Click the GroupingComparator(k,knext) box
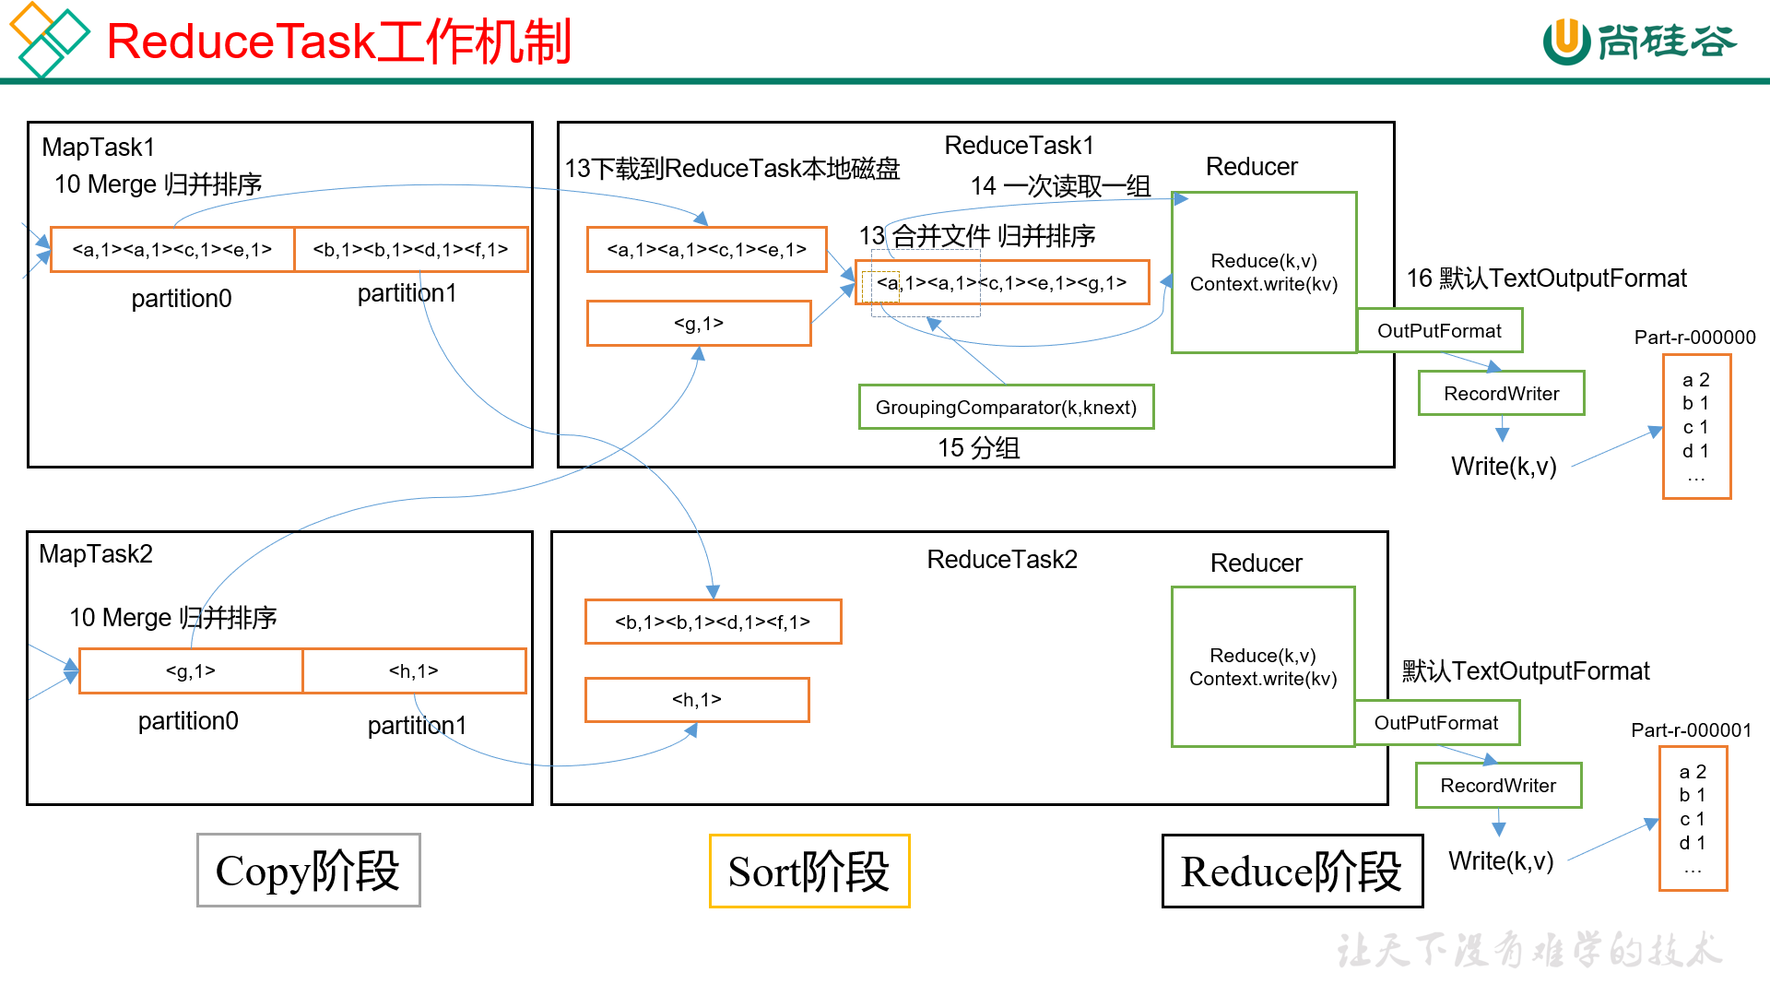point(1006,407)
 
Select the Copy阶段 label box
point(308,871)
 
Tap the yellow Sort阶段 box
point(809,871)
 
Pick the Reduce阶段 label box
point(1292,871)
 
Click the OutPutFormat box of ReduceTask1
point(1439,330)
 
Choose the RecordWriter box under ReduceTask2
point(1498,785)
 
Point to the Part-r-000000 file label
point(1694,338)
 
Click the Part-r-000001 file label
point(1691,730)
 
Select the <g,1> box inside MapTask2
point(191,670)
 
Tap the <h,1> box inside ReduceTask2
point(697,700)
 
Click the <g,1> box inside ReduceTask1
point(699,324)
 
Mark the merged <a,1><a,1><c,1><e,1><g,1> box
point(1002,282)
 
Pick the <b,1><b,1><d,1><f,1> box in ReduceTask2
point(713,622)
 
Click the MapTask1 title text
point(99,148)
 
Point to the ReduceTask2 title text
point(1002,560)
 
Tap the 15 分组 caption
point(978,448)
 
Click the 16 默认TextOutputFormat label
point(1546,279)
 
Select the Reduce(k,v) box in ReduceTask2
point(1263,667)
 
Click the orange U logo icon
point(1565,41)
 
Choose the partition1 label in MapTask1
point(407,293)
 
